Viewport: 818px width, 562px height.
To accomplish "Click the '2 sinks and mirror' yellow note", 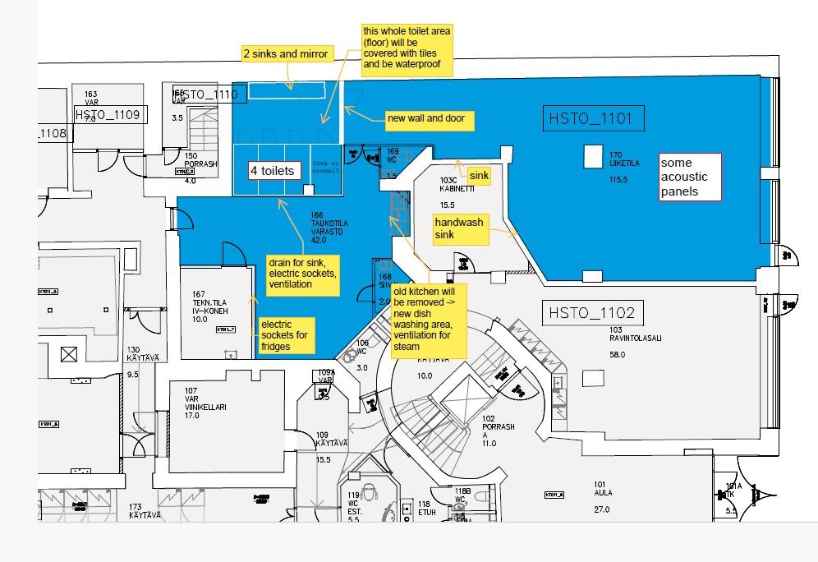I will (x=286, y=54).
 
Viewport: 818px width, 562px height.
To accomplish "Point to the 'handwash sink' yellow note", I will (x=460, y=229).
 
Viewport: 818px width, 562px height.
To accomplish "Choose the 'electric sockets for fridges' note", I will (x=286, y=335).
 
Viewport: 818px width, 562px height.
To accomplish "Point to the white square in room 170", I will (x=592, y=154).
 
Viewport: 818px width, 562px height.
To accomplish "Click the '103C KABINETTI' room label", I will (x=448, y=184).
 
